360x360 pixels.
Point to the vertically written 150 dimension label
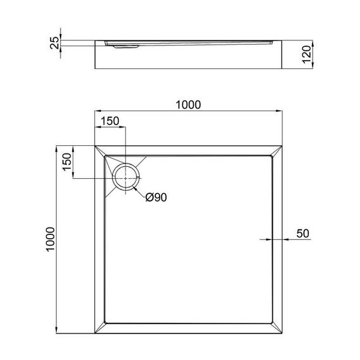pos(66,163)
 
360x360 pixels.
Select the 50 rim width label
pos(303,233)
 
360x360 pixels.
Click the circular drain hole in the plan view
pos(126,176)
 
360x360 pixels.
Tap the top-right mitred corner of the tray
pos(276,152)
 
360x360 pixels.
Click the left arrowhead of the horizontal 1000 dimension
pos(98,112)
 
